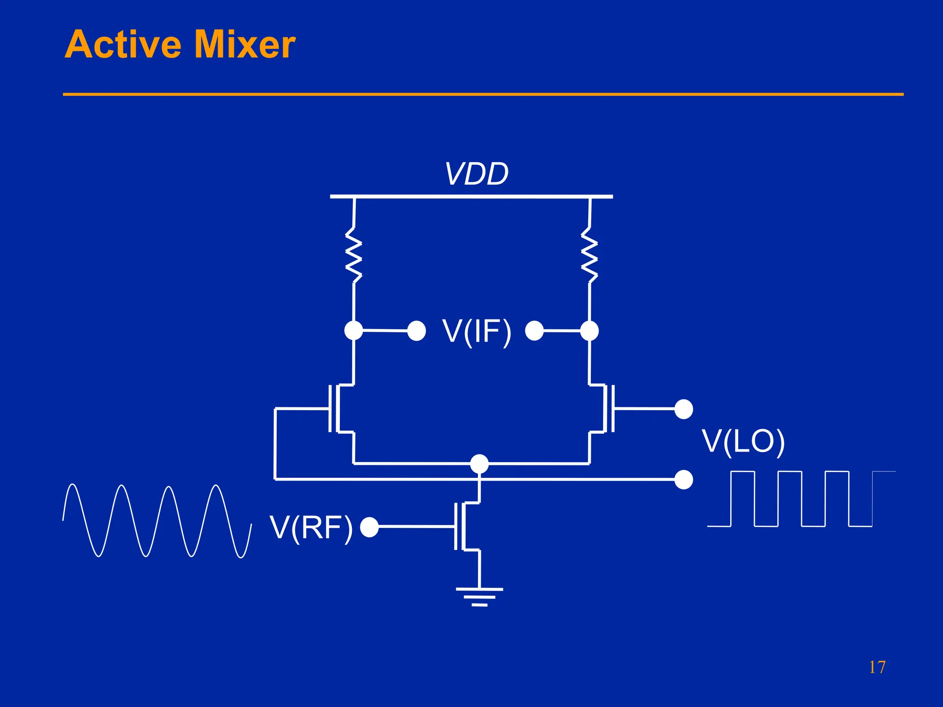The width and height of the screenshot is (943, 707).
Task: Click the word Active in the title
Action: pyautogui.click(x=123, y=45)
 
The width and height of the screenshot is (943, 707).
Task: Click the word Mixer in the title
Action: pyautogui.click(x=244, y=45)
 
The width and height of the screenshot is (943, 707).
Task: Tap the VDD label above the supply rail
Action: pyautogui.click(x=477, y=174)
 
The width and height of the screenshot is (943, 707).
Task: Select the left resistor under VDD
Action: pyautogui.click(x=354, y=255)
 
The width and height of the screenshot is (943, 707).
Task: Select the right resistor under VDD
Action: pyautogui.click(x=589, y=255)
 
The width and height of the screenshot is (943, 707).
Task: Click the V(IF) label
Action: pyautogui.click(x=477, y=331)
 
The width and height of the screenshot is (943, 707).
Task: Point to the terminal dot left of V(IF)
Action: pyautogui.click(x=417, y=331)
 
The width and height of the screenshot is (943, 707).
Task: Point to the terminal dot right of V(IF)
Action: pyautogui.click(x=535, y=331)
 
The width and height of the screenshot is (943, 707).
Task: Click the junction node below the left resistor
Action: pyautogui.click(x=354, y=330)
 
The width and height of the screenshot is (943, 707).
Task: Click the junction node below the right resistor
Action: pyautogui.click(x=589, y=331)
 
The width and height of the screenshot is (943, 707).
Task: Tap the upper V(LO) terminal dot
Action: pyautogui.click(x=683, y=409)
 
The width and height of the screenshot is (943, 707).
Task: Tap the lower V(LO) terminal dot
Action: pyautogui.click(x=683, y=480)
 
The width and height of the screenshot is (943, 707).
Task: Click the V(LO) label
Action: pyautogui.click(x=743, y=442)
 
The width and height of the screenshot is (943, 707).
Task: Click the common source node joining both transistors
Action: pyautogui.click(x=479, y=464)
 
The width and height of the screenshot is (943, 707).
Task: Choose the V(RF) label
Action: pyautogui.click(x=311, y=527)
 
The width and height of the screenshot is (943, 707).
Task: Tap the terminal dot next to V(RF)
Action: pyautogui.click(x=369, y=527)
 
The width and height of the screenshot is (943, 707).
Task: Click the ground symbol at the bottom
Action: pyautogui.click(x=479, y=597)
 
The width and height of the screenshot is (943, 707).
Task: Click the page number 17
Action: pyautogui.click(x=877, y=667)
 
